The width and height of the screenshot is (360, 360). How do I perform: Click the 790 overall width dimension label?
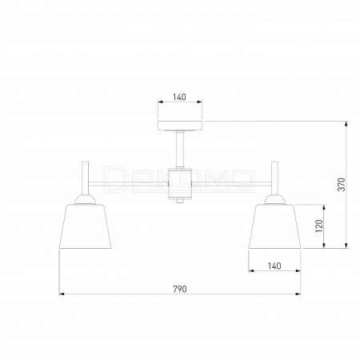(180, 289)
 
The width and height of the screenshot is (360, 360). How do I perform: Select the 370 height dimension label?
(342, 185)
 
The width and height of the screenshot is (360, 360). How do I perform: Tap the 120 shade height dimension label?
(319, 226)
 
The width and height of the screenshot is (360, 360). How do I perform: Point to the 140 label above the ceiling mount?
(179, 97)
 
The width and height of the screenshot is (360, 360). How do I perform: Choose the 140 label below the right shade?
(274, 266)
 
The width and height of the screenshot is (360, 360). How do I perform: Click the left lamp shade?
(85, 226)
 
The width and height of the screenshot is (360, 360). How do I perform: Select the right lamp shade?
(274, 226)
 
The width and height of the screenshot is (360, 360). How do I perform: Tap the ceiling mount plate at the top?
(180, 126)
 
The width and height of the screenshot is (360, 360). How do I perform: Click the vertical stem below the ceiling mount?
(180, 150)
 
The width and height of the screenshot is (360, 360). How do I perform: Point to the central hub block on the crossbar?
(180, 183)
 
